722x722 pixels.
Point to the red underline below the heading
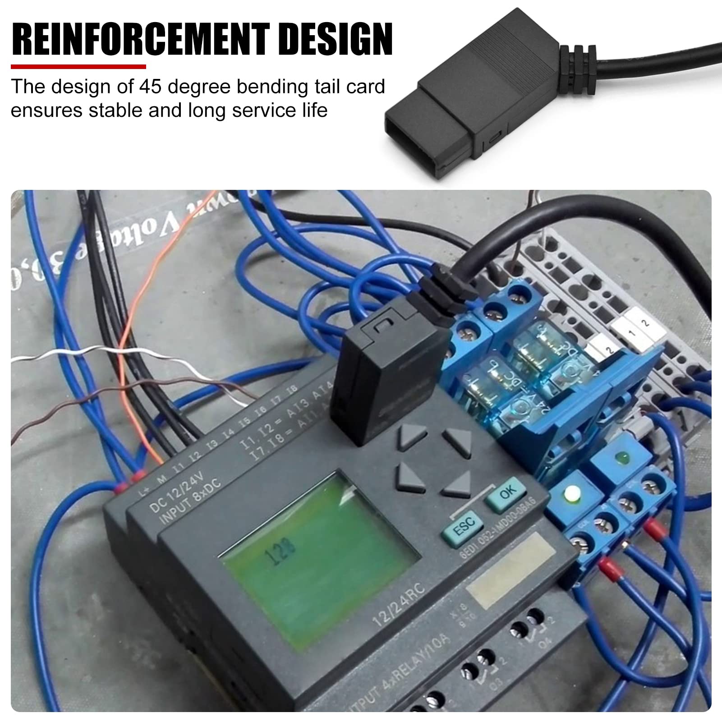click(x=78, y=67)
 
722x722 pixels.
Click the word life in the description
click(x=314, y=110)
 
